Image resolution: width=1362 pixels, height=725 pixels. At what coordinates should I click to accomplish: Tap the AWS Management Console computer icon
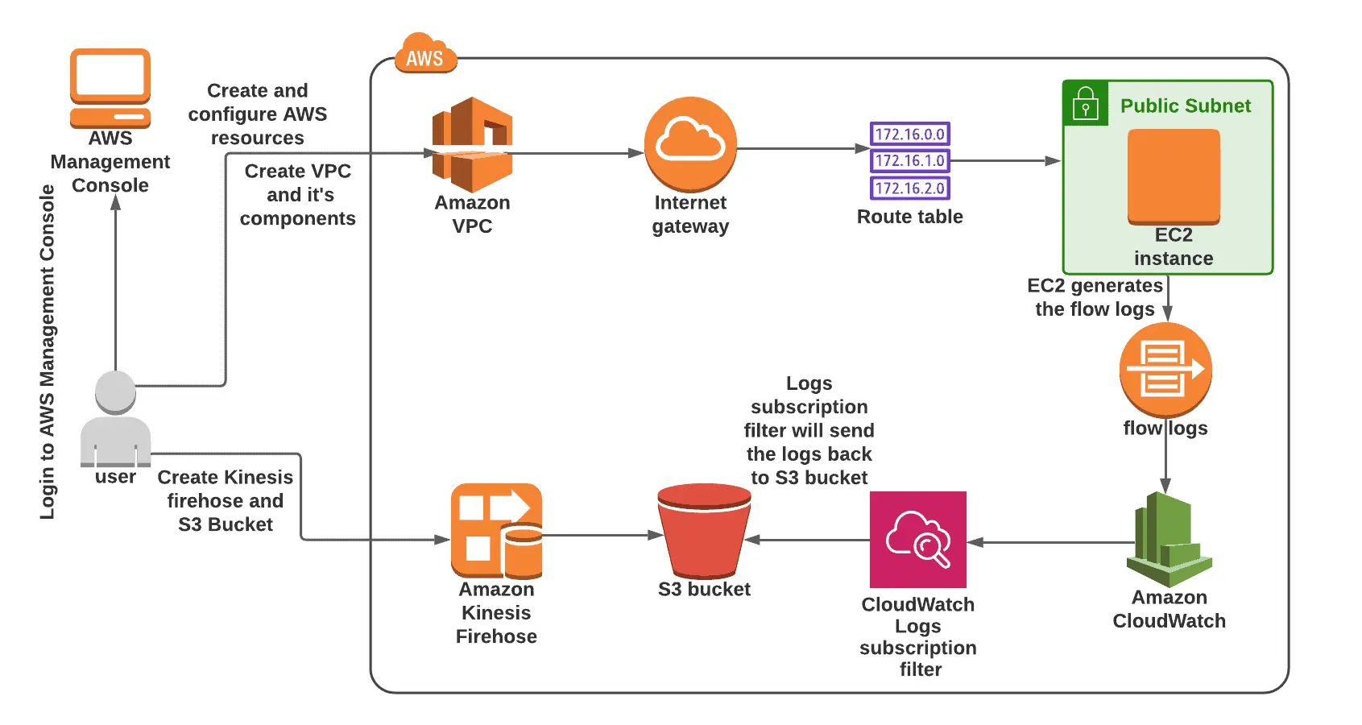pos(110,87)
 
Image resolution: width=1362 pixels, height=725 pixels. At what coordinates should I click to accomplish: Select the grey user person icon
pos(115,419)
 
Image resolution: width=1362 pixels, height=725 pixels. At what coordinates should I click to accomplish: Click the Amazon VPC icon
pos(472,144)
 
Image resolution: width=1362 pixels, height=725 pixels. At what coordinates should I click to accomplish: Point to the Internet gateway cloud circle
pos(690,143)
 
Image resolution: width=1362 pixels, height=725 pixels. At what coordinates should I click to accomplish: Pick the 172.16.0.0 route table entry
pos(909,134)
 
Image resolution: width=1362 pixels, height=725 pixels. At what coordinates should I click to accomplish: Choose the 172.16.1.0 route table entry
pos(909,160)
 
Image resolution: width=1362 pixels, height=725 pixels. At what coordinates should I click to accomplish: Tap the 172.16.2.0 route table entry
pos(909,188)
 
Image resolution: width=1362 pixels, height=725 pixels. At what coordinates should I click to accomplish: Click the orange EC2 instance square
pos(1174,176)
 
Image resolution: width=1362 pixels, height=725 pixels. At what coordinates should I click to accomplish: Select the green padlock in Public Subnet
pos(1085,104)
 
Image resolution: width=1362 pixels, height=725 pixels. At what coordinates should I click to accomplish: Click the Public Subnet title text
pos(1185,106)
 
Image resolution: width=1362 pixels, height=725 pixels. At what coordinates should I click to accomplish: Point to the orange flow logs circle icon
pos(1165,370)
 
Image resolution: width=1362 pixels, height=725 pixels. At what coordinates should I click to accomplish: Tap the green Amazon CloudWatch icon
pos(1169,539)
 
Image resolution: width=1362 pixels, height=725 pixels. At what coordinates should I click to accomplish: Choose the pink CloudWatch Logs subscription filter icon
pos(917,539)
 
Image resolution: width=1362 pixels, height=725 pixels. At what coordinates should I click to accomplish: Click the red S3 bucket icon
pos(704,530)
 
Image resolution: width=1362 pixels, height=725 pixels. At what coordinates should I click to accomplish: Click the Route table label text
pos(909,217)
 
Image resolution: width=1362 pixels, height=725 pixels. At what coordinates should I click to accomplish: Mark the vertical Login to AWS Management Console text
pos(48,352)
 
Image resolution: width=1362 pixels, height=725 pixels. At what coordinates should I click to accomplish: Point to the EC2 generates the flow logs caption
pos(1095,297)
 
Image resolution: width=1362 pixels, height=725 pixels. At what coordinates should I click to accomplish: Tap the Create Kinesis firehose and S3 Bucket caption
pos(225,500)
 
